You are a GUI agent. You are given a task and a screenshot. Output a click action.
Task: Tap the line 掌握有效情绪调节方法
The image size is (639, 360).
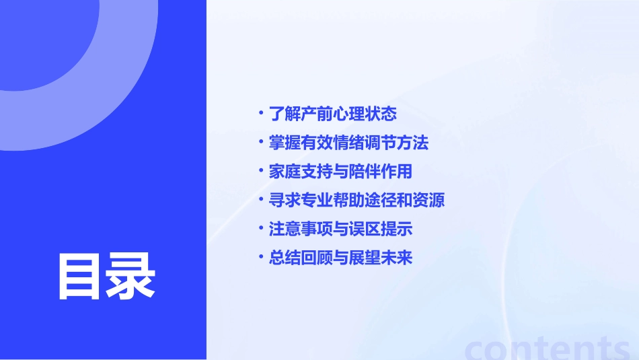point(348,143)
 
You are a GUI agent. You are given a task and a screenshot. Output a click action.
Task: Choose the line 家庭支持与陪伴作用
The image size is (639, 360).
point(340,172)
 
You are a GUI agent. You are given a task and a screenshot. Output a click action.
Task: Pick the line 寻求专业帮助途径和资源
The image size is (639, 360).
point(356,201)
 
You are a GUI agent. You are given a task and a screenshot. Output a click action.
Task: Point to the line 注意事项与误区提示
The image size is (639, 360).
point(340,229)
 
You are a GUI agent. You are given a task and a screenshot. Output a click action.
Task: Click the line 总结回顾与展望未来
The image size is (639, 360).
point(340,258)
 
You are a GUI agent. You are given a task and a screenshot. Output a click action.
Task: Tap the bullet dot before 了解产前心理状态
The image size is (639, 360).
point(262,112)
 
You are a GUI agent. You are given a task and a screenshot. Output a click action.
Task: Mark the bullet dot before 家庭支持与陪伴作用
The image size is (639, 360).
point(262,170)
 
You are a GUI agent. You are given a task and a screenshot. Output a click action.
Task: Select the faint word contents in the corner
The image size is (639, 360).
point(548,349)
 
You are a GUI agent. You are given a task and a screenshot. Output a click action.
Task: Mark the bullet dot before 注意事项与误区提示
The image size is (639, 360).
point(262,228)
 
